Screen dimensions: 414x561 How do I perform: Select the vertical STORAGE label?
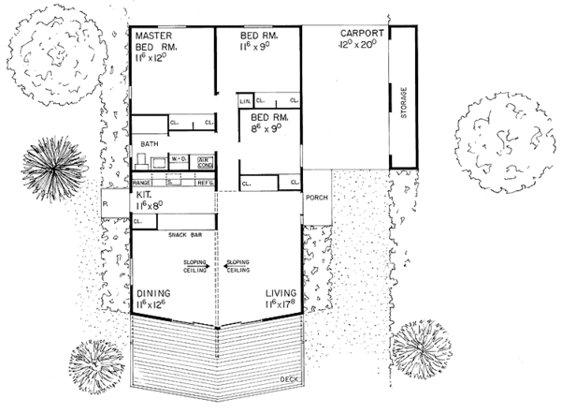[405, 101]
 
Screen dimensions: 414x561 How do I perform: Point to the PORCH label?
[315, 199]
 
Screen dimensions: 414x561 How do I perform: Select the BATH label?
[150, 143]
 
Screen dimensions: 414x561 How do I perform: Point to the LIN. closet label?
[246, 100]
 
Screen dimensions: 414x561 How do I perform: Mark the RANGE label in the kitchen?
[141, 183]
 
